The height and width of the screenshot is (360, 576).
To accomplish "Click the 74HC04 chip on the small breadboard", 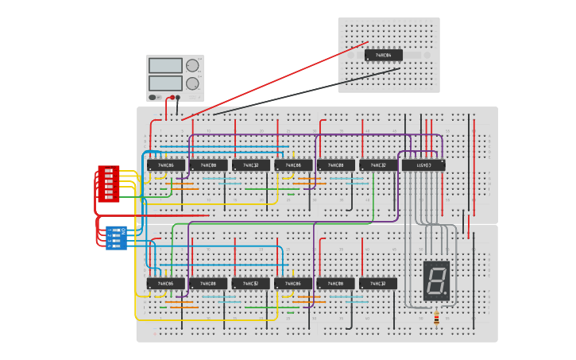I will pyautogui.click(x=384, y=56).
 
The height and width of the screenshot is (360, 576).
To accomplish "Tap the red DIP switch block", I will pyautogui.click(x=109, y=184).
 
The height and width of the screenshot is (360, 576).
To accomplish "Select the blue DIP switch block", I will pyautogui.click(x=117, y=237).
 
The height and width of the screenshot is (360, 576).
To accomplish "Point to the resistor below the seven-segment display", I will pyautogui.click(x=436, y=319).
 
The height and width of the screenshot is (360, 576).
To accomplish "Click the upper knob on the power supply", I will pyautogui.click(x=192, y=65).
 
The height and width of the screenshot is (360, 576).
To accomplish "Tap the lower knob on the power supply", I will pyautogui.click(x=192, y=83).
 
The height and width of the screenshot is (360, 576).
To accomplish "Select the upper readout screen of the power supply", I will pyautogui.click(x=165, y=65).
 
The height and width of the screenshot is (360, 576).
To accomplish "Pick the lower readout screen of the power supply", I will pyautogui.click(x=165, y=83).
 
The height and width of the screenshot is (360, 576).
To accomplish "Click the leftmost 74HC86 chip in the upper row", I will pyautogui.click(x=166, y=165).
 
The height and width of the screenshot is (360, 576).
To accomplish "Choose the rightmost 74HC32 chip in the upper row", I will pyautogui.click(x=378, y=165).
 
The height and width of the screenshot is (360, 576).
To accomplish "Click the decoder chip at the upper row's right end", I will pyautogui.click(x=423, y=165).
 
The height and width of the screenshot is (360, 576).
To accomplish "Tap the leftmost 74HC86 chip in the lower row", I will pyautogui.click(x=166, y=284).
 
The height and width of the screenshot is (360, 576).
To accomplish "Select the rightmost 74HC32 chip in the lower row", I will pyautogui.click(x=378, y=284).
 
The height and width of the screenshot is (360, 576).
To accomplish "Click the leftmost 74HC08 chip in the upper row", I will pyautogui.click(x=208, y=165).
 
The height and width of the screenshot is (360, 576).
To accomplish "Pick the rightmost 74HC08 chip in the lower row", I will pyautogui.click(x=335, y=284).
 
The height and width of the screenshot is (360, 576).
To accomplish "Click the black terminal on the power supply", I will pyautogui.click(x=178, y=98).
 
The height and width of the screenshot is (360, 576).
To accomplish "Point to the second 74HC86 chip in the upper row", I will pyautogui.click(x=293, y=165).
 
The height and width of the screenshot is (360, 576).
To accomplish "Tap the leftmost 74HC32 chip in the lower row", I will pyautogui.click(x=251, y=284).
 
